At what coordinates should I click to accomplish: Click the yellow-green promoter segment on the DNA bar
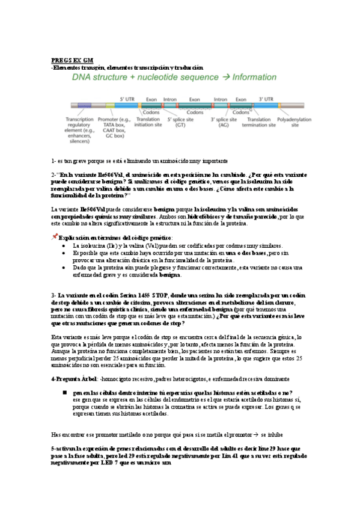click(x=109, y=105)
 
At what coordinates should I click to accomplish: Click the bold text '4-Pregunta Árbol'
click(x=72, y=379)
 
